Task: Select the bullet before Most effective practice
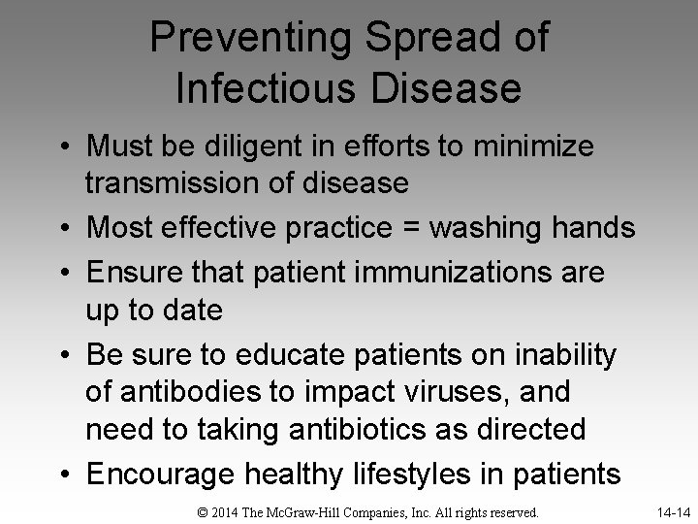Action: coord(65,229)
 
